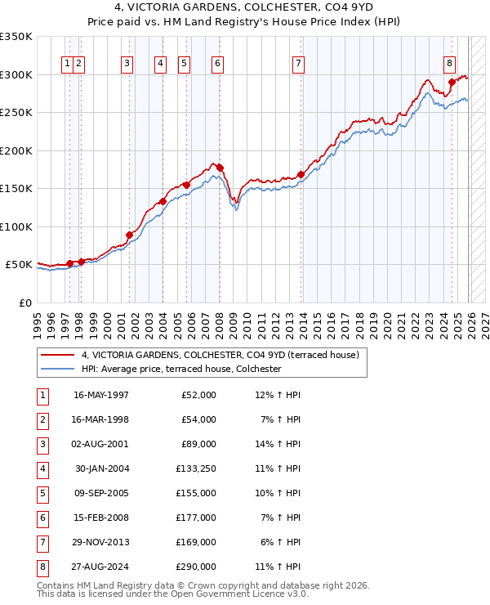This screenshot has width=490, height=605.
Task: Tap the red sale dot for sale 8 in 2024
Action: tap(452, 82)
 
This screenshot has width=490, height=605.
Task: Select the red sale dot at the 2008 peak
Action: tap(220, 168)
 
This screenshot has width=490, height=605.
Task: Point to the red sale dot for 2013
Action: tap(301, 174)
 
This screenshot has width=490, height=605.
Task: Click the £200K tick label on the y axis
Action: tap(16, 150)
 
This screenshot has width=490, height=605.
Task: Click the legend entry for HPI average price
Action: tap(180, 370)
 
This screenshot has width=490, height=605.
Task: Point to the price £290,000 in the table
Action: tap(196, 567)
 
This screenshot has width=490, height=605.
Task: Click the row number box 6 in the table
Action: tap(40, 518)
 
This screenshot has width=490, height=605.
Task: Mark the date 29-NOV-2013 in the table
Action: tap(101, 542)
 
